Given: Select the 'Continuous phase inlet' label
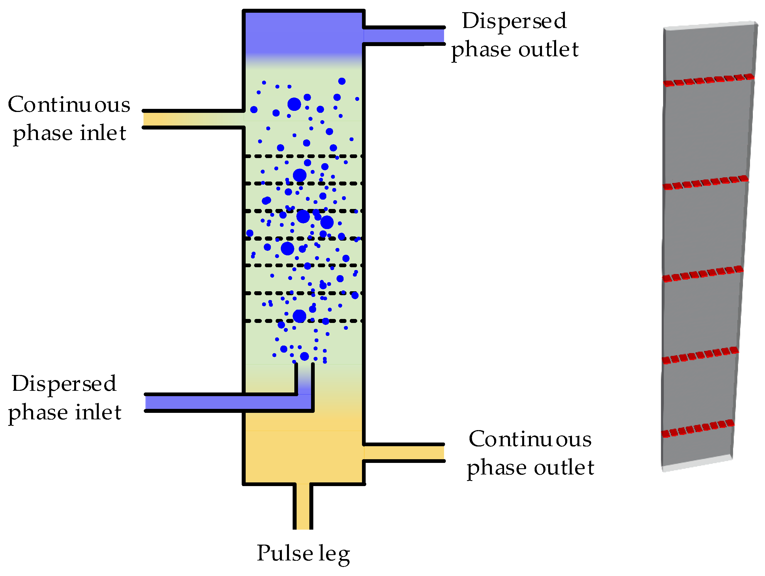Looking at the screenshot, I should click(69, 118).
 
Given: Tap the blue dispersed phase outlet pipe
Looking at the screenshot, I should click(404, 36).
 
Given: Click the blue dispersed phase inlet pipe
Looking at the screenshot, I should click(221, 403).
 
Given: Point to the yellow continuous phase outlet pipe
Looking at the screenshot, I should click(404, 453).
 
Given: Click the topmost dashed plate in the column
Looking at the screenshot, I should click(303, 156).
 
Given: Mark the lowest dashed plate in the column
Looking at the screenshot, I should click(303, 321).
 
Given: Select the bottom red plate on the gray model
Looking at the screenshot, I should click(698, 428).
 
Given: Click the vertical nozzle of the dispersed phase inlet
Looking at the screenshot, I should click(304, 378).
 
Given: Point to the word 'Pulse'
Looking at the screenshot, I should click(284, 553).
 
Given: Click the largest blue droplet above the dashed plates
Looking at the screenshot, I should click(294, 104).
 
